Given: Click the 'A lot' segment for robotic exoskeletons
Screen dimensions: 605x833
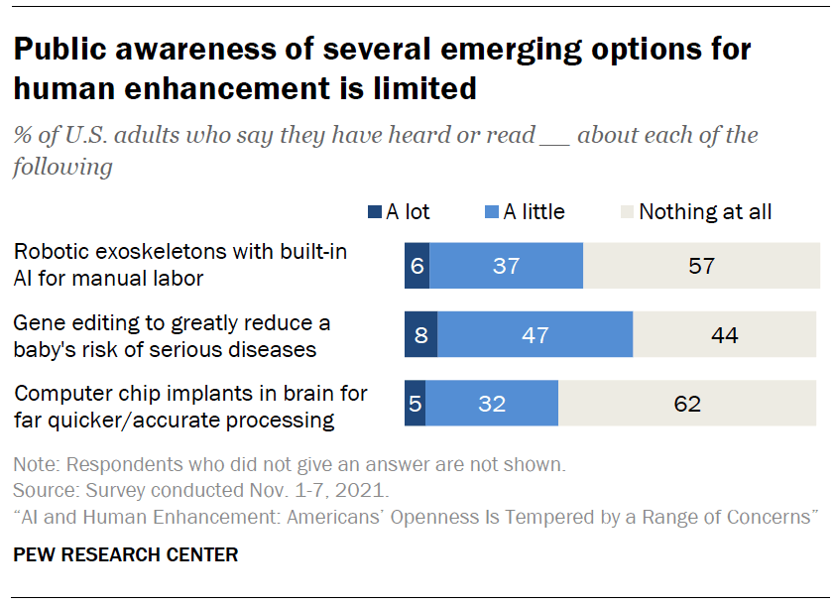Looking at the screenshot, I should tap(416, 266).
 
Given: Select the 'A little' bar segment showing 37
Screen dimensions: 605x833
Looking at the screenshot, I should tap(506, 266).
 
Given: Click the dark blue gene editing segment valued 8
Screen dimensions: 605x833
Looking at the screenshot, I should tap(420, 334).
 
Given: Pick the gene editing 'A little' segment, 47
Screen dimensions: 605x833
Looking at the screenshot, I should tap(535, 334).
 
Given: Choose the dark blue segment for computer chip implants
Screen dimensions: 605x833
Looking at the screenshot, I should tap(415, 404).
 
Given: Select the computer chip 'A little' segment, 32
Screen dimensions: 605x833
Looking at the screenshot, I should tap(492, 404).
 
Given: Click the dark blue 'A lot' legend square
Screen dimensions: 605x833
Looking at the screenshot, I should tap(374, 212).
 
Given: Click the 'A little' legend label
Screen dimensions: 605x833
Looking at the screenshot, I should tap(534, 212).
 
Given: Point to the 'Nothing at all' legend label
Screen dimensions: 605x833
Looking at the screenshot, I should tap(705, 212).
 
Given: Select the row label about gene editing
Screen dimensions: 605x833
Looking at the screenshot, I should tap(172, 335).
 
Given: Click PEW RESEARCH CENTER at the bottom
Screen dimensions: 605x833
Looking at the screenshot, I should tap(126, 554).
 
